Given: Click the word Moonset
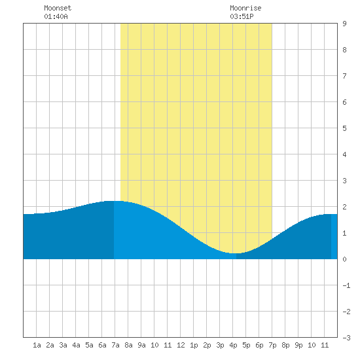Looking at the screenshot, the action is pos(58,8).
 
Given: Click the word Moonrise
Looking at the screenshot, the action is pos(245,8).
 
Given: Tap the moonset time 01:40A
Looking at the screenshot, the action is pos(56,16).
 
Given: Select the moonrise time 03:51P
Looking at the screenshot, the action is pos(242,16).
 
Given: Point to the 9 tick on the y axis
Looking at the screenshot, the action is pos(344,24).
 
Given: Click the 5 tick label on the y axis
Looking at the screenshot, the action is pos(344,128).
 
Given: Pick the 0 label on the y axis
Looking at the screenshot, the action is pos(344,259).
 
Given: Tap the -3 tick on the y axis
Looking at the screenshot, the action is pos(346,338).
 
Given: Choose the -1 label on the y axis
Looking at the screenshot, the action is pos(346,285).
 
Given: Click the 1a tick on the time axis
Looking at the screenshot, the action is pos(37,345).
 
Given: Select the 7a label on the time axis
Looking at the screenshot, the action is pos(115,345).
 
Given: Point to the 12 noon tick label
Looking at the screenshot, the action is pos(181,345).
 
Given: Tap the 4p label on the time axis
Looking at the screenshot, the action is pos(233,345).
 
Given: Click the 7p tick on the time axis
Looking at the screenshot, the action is pos(272,345).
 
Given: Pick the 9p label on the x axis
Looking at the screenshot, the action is pos(298,345).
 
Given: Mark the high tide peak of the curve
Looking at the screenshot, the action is pos(114,201).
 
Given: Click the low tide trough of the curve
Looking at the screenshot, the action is pos(236,253).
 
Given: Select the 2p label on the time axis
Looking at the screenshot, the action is pos(207,345).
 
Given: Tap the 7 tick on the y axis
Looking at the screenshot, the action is pos(344,76).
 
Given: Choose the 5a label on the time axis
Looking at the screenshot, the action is pos(89,345).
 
